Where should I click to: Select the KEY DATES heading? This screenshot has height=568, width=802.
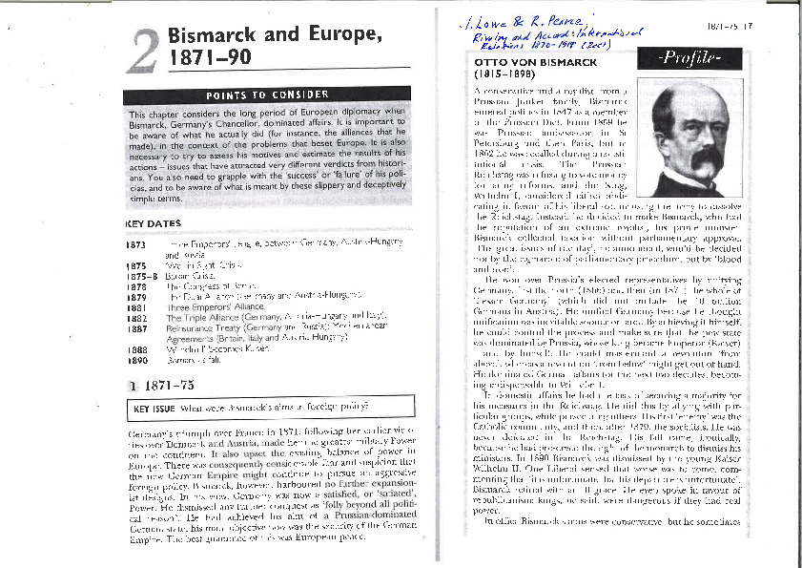(153, 224)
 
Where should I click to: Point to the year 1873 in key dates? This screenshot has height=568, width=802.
(135, 245)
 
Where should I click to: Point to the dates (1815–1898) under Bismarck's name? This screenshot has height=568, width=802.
(506, 74)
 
